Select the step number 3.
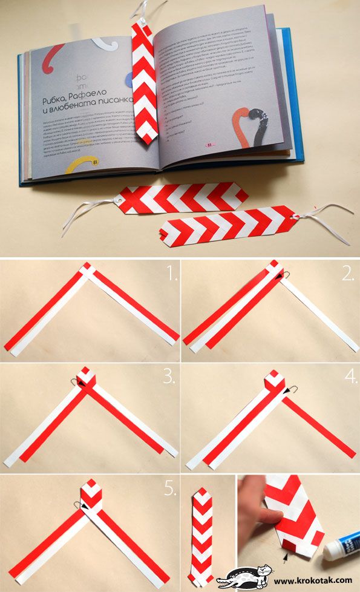169,378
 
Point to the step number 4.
350,378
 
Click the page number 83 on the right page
209,146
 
